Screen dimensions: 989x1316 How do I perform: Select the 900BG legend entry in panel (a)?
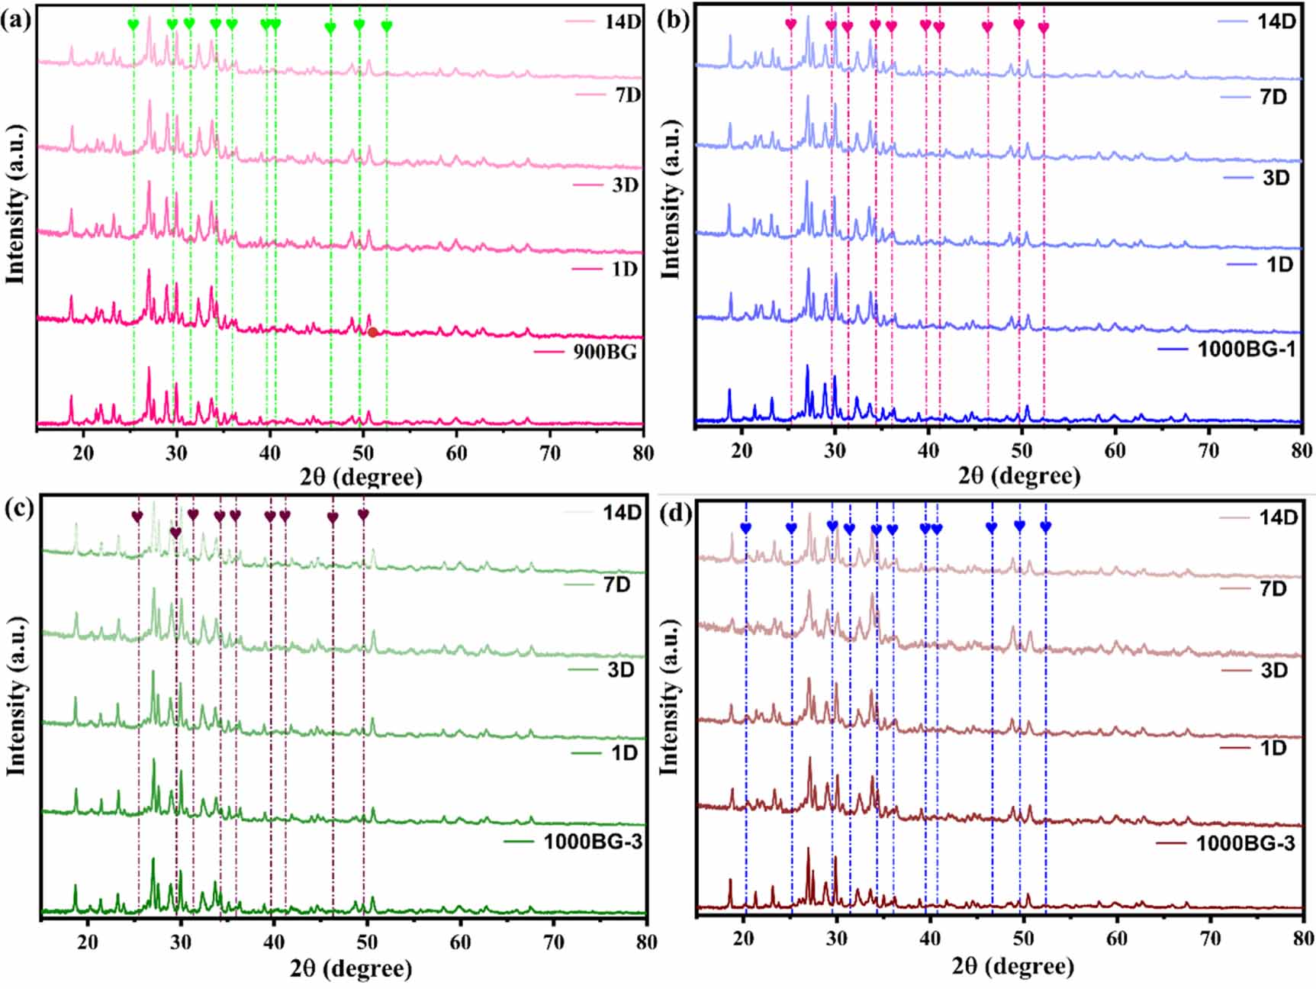(x=604, y=353)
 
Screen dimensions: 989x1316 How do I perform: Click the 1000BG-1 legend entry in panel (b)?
(x=1246, y=350)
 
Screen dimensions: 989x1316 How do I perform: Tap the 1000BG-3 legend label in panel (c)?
(x=592, y=842)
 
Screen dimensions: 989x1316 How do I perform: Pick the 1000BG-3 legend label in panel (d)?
(x=1245, y=843)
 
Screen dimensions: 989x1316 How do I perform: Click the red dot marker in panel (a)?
(x=372, y=332)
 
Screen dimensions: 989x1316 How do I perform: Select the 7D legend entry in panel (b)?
(x=1273, y=97)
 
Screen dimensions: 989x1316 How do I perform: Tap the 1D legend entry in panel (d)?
(x=1273, y=748)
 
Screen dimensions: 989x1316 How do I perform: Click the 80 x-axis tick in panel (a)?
(x=643, y=453)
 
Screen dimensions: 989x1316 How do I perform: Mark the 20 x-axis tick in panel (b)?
(x=742, y=451)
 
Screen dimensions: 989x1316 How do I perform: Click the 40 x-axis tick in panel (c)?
(x=274, y=942)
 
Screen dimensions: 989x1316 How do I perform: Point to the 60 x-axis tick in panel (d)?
(x=1117, y=938)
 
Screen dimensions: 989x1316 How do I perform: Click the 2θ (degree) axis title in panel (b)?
(x=1019, y=476)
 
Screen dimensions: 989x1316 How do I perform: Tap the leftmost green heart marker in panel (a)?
(x=134, y=25)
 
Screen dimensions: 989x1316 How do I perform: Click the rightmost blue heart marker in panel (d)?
(x=1045, y=527)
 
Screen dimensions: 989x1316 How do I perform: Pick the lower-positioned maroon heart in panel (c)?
(x=176, y=533)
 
